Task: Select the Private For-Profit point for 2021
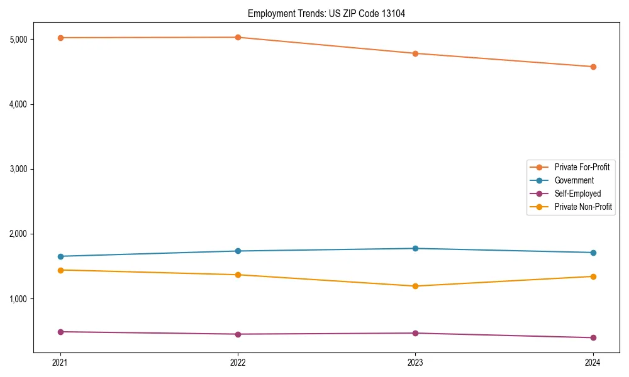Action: click(x=60, y=38)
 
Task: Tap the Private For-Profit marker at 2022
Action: click(x=238, y=37)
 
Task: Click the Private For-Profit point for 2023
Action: click(x=415, y=53)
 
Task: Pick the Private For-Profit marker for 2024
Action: click(x=593, y=67)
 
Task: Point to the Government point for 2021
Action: click(x=60, y=256)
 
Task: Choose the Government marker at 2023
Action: click(x=415, y=248)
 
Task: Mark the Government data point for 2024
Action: click(x=593, y=253)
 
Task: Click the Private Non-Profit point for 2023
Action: click(x=415, y=286)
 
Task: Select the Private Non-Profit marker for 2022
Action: click(x=238, y=275)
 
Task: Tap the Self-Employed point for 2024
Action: click(x=593, y=337)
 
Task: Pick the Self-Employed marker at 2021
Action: click(x=60, y=332)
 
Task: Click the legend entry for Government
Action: click(x=574, y=180)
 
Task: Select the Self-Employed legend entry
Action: click(x=577, y=194)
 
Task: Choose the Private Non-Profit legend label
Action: click(x=583, y=207)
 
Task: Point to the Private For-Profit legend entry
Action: click(x=582, y=167)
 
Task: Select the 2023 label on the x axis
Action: click(x=415, y=362)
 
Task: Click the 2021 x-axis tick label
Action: click(x=60, y=362)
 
